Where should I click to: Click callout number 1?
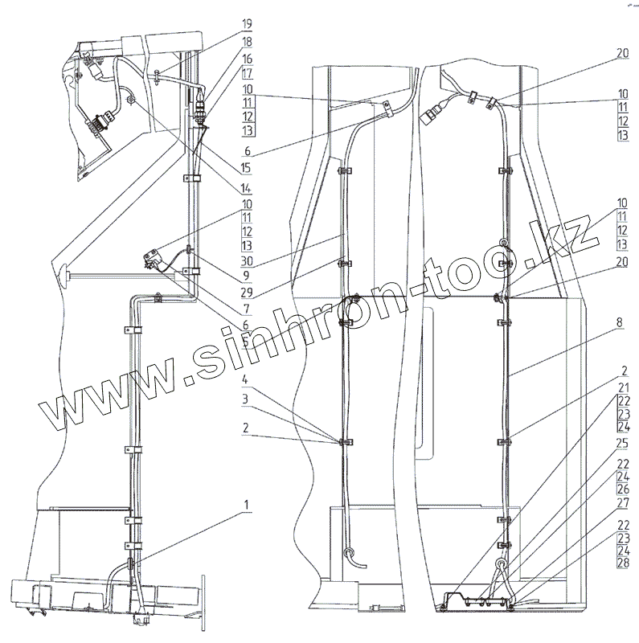coord(248,505)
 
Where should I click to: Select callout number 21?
coord(625,387)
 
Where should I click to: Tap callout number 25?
coord(625,444)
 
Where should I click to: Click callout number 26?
coord(625,488)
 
